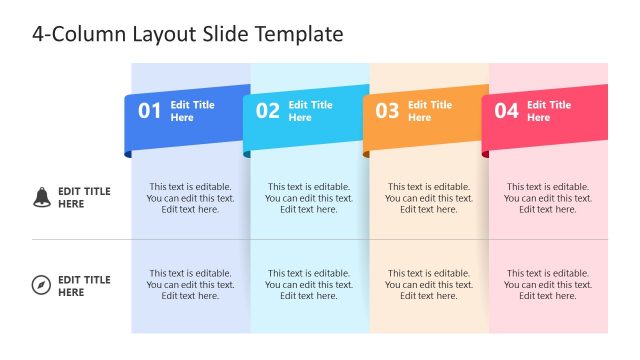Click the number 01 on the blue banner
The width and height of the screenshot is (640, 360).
149,111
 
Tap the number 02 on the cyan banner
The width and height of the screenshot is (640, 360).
268,111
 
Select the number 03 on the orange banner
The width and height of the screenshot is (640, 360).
387,111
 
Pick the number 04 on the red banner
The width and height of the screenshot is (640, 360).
506,111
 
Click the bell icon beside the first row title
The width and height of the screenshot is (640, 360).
41,197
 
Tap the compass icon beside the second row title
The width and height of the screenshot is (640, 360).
41,286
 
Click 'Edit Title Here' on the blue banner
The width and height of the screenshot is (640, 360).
192,111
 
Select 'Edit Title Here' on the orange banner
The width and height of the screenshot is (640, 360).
430,111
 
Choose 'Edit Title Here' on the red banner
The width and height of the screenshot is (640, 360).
549,111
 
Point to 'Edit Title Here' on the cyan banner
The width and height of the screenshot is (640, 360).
310,111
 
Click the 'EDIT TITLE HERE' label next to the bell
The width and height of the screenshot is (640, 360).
84,198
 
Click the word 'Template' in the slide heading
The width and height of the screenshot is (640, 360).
299,34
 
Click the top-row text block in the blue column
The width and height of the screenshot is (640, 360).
190,198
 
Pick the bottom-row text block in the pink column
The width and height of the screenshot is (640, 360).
548,284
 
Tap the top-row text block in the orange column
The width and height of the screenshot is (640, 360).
429,198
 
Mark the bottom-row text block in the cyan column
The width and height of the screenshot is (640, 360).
309,284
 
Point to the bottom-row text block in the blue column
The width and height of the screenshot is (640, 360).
190,284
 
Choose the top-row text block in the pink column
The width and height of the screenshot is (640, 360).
548,198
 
